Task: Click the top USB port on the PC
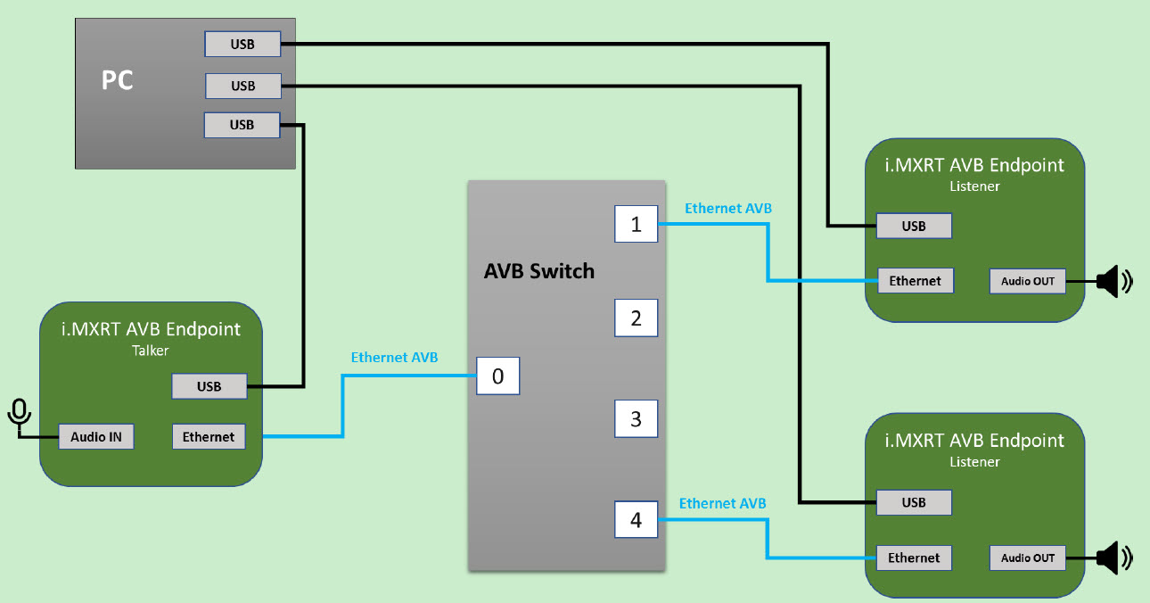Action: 242,44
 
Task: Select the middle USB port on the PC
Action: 243,86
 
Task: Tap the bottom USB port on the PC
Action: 242,125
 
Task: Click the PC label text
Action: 117,80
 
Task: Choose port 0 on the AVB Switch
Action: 497,376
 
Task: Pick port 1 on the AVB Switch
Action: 636,224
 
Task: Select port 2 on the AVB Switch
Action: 636,318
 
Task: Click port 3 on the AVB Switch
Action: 636,418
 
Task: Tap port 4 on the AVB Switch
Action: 636,520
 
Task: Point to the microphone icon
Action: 19,414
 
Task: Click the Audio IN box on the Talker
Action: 96,437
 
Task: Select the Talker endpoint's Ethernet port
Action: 209,437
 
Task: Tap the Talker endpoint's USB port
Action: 209,386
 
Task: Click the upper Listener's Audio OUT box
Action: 1027,281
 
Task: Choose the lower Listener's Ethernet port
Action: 914,558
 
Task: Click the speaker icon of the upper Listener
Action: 1113,282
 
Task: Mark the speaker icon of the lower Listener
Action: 1113,558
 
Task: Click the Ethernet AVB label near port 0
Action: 394,358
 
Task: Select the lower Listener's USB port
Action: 914,502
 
